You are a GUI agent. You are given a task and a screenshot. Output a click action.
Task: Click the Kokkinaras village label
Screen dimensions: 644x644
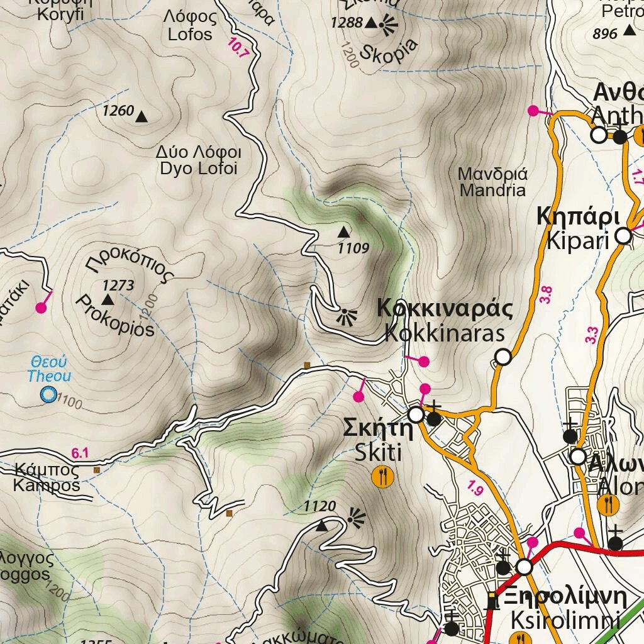[445, 321]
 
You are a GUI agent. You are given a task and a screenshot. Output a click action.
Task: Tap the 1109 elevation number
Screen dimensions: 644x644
[353, 248]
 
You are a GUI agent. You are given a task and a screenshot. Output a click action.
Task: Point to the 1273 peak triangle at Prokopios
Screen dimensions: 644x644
[107, 299]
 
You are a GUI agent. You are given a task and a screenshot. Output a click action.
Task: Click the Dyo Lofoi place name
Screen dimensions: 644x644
[200, 161]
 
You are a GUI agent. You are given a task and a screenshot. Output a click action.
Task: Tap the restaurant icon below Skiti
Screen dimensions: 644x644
[382, 477]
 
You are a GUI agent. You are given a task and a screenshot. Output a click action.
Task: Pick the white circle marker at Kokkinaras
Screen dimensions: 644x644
[502, 357]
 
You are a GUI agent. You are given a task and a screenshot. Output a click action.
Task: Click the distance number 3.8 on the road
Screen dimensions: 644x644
[545, 296]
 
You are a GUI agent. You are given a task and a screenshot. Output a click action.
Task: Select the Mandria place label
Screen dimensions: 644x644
[492, 182]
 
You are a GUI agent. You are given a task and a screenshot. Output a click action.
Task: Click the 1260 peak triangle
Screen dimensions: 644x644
[142, 116]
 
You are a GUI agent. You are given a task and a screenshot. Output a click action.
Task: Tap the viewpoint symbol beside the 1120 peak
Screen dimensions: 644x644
[356, 517]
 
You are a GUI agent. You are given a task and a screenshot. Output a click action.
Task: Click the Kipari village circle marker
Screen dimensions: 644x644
[623, 236]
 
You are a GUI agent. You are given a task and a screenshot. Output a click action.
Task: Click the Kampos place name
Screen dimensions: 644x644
[47, 478]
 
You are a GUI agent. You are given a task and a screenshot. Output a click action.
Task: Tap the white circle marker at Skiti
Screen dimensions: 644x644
[416, 414]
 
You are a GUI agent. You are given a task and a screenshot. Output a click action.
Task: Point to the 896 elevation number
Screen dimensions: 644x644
[605, 34]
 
